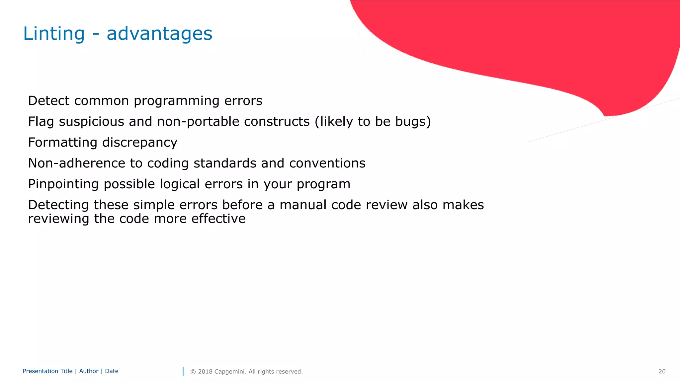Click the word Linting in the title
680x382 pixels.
tap(54, 33)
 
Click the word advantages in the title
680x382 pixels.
tap(159, 33)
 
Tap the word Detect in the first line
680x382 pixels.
tap(48, 101)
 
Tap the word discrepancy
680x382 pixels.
tap(140, 143)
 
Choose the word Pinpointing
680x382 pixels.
tap(63, 184)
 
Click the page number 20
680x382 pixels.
tap(662, 371)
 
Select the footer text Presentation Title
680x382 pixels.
tap(47, 371)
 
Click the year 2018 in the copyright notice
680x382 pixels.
tap(205, 371)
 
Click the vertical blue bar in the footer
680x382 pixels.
tap(183, 371)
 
